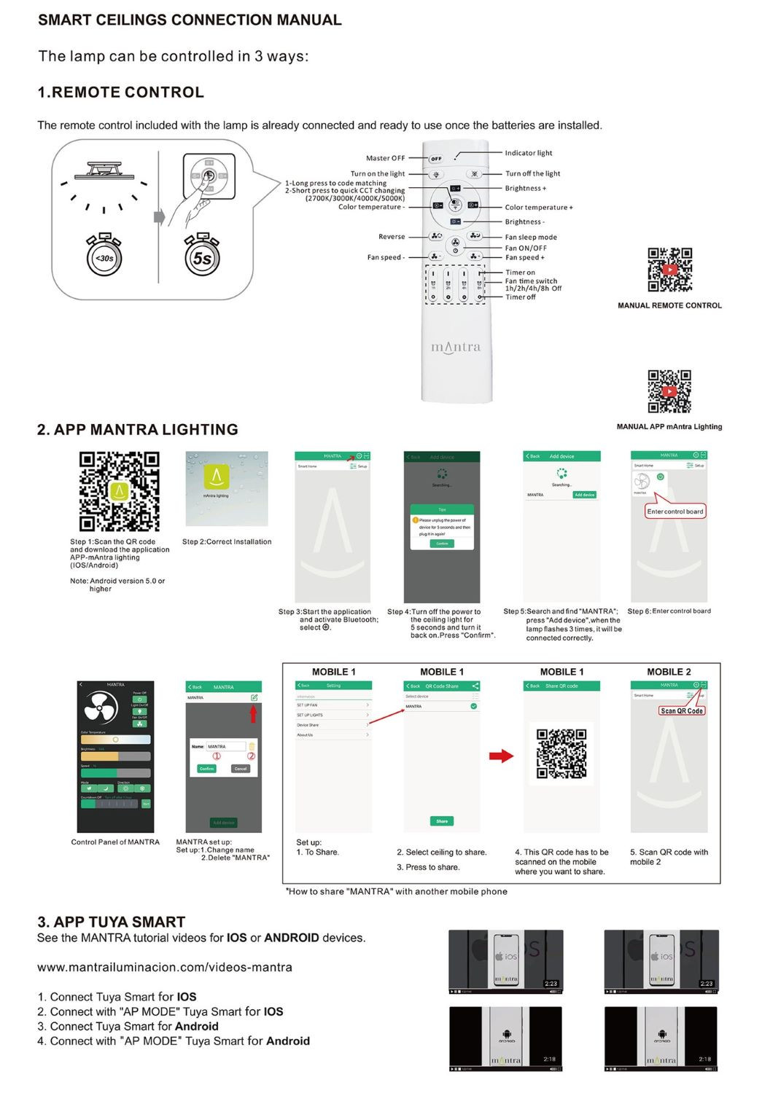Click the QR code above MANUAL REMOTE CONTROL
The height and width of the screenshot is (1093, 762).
(669, 270)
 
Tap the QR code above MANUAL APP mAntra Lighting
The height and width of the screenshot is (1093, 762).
(669, 391)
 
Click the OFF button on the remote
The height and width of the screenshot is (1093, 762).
(435, 158)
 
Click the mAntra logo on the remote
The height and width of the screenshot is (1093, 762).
(456, 347)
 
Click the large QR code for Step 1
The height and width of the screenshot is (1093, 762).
(119, 491)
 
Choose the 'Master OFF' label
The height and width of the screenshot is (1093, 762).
(385, 158)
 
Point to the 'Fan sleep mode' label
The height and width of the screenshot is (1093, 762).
(531, 238)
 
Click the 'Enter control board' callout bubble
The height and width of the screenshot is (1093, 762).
(675, 512)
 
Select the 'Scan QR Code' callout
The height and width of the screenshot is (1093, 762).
(682, 710)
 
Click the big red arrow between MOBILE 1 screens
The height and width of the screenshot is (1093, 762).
(501, 756)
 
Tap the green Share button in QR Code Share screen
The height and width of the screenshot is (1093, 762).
(442, 821)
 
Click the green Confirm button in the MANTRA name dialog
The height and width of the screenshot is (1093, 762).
(207, 769)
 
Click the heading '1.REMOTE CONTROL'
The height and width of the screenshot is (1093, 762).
(120, 93)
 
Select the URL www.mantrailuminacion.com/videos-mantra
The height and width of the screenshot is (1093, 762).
(165, 968)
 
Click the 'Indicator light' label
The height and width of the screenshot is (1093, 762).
(529, 153)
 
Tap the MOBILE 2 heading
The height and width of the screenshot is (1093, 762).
(669, 672)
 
